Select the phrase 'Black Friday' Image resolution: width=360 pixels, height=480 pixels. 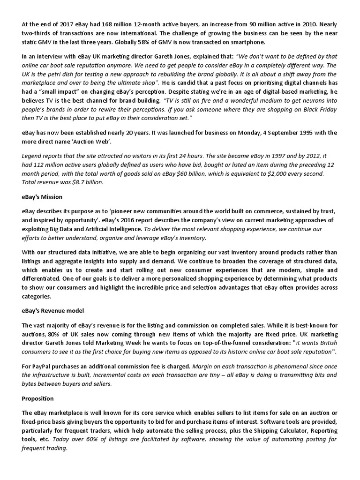click(x=319, y=108)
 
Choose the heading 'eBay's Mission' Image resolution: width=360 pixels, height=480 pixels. click(x=42, y=197)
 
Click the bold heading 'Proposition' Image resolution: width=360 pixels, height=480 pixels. click(x=38, y=398)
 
